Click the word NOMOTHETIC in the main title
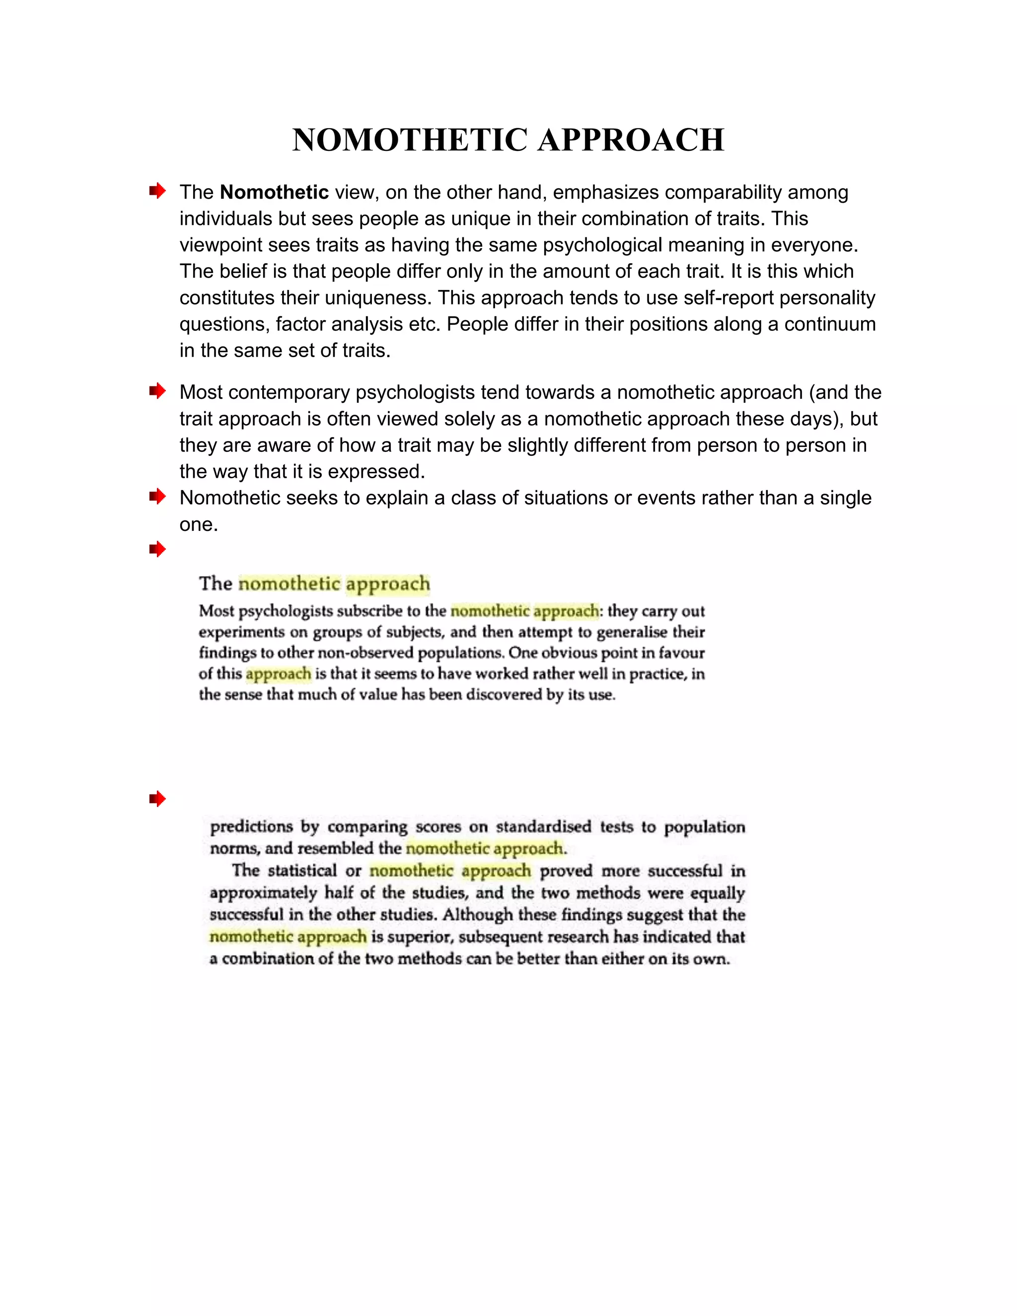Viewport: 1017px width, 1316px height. coord(410,140)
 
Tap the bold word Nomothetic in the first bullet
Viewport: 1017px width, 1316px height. coord(274,192)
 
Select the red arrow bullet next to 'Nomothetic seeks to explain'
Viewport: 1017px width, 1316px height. coord(157,497)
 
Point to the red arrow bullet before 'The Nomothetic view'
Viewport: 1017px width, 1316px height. coord(157,191)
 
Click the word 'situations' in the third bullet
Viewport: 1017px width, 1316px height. coord(566,498)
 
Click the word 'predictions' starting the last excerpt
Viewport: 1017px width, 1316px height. coord(251,827)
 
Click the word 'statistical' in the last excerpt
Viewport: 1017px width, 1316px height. coord(302,871)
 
